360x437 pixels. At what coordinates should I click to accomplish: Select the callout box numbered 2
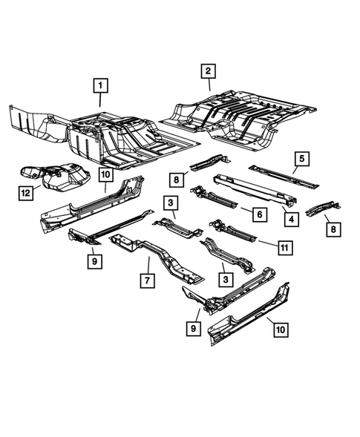(209, 71)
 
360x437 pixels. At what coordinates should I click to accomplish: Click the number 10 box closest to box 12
(105, 175)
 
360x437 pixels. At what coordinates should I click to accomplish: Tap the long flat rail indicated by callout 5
(282, 175)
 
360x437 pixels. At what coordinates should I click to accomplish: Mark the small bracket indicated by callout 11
(232, 231)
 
